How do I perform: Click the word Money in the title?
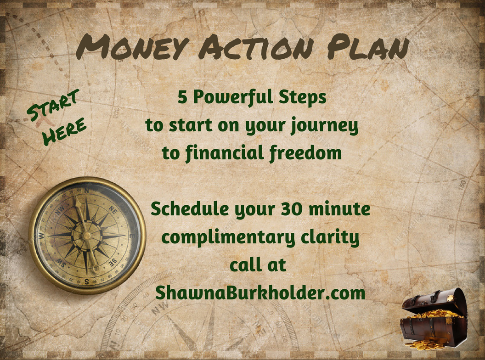point(133,47)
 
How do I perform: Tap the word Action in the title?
point(256,47)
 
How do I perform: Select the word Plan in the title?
point(368,47)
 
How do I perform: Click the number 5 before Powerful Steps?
point(182,97)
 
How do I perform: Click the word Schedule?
point(190,209)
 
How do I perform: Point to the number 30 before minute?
point(292,209)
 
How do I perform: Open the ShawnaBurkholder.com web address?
point(260,292)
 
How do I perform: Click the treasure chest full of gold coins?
point(434,319)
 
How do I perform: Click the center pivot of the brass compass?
point(87,236)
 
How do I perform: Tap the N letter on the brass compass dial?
point(87,191)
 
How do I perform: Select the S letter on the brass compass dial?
point(87,281)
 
